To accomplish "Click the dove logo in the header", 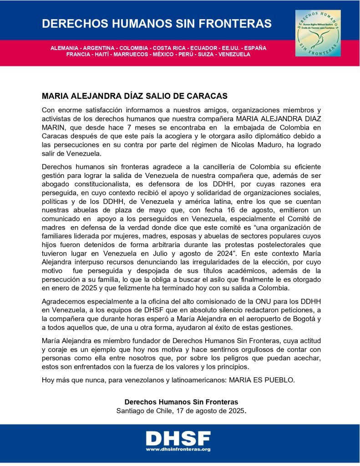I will coord(318,33).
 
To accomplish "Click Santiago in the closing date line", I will coord(131,410).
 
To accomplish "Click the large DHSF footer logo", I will coord(177,439).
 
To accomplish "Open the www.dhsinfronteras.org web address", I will coord(177,450).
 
